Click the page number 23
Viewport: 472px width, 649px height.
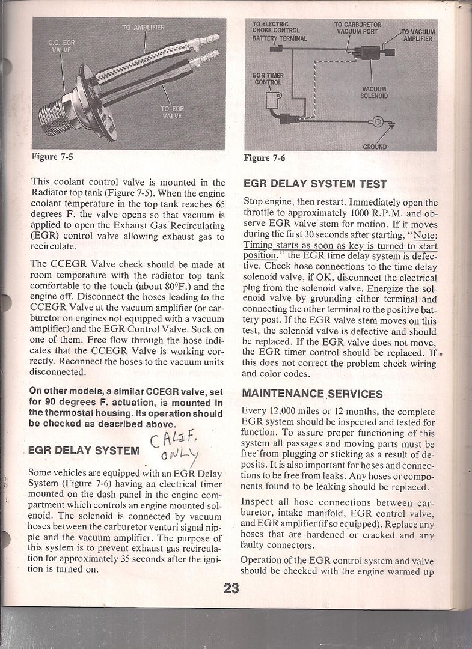231,588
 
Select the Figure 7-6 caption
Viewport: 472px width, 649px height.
265,158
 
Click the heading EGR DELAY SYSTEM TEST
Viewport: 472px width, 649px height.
314,184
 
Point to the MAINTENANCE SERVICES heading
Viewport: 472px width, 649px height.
311,394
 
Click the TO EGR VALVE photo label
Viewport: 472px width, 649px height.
171,112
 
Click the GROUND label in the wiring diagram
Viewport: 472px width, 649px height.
375,146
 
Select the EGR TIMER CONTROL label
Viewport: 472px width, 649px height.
268,78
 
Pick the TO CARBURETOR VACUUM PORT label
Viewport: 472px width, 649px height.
358,28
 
